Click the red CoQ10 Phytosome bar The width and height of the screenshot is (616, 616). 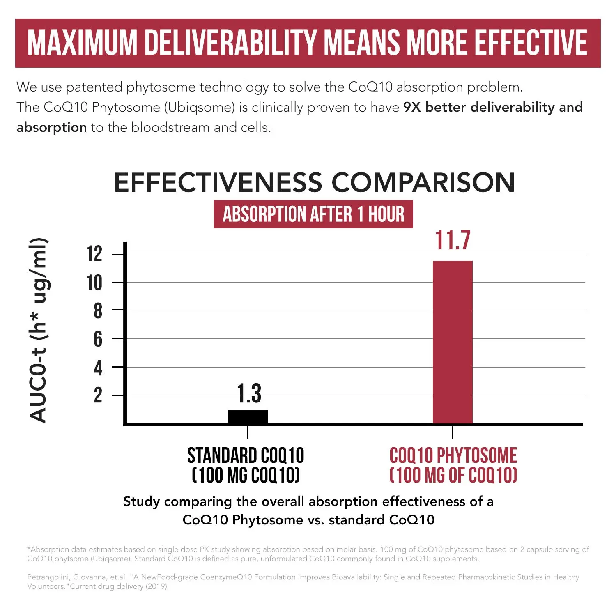(x=453, y=342)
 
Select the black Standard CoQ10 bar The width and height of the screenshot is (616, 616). (x=248, y=417)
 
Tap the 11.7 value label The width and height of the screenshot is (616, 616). (x=453, y=240)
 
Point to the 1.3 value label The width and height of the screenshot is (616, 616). (x=249, y=393)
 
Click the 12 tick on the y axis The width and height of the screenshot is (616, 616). (x=94, y=254)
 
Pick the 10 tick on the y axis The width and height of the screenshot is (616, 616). (x=94, y=283)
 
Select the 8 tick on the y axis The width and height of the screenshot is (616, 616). (x=98, y=310)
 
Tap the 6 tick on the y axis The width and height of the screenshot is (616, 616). (x=98, y=339)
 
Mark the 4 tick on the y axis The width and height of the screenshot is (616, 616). (x=98, y=368)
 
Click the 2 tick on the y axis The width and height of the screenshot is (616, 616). (x=98, y=395)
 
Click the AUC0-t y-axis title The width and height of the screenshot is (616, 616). (x=39, y=331)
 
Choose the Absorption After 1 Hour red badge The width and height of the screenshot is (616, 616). (x=313, y=214)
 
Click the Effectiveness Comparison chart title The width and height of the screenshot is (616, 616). (x=314, y=182)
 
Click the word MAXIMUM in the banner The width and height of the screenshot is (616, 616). (x=82, y=43)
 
